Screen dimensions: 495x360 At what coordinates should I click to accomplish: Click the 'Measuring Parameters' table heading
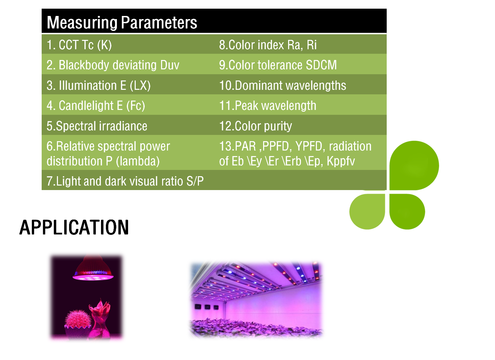(122, 23)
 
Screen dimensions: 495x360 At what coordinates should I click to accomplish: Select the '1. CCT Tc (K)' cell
(79, 45)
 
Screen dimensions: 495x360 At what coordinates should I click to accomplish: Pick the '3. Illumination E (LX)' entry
(98, 85)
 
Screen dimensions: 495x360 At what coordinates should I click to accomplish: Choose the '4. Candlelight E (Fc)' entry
(96, 105)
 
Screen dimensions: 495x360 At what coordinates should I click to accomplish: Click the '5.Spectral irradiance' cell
(97, 126)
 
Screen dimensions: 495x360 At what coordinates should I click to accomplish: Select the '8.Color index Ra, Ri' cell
(268, 45)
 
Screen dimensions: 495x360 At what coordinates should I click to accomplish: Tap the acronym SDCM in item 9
(321, 65)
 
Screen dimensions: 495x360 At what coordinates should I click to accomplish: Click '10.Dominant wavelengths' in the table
(283, 85)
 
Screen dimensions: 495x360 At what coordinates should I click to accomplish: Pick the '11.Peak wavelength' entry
(268, 105)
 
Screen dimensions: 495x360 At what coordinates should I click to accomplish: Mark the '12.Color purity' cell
(255, 126)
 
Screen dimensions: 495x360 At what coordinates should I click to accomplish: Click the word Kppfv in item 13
(341, 161)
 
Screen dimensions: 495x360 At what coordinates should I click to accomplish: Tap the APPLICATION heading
(74, 228)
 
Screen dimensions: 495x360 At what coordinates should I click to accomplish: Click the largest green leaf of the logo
(414, 165)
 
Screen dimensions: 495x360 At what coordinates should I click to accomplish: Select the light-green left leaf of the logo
(367, 212)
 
